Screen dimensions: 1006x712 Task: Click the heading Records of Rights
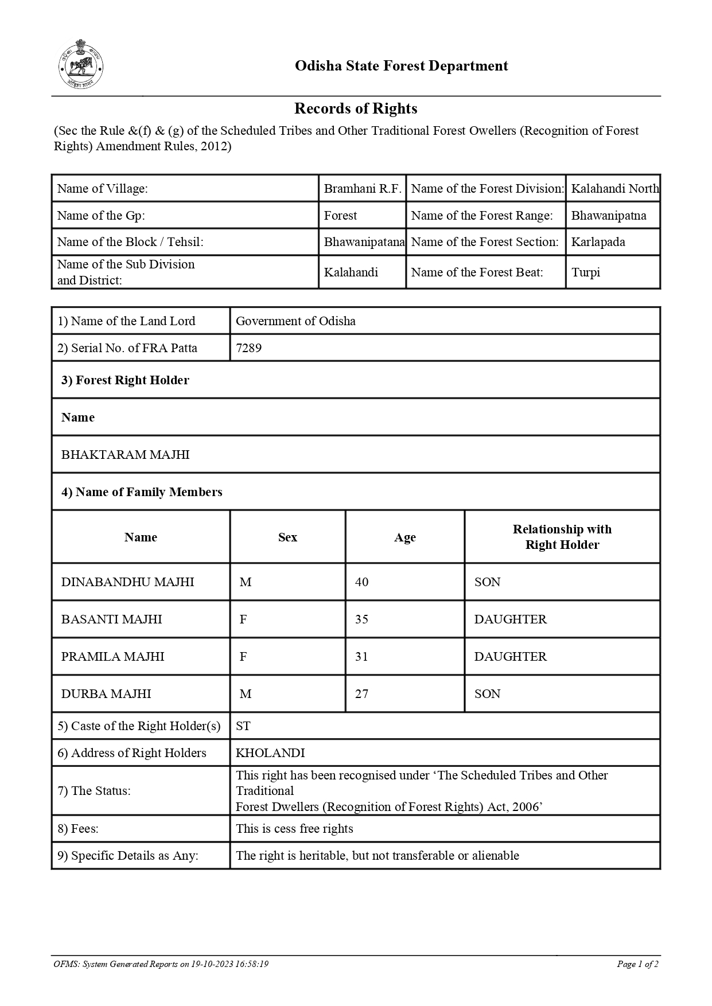pyautogui.click(x=356, y=108)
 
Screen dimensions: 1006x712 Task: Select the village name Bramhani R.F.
pyautogui.click(x=362, y=189)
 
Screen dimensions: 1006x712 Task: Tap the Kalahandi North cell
pyautogui.click(x=614, y=189)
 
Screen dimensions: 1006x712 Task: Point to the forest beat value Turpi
pyautogui.click(x=585, y=272)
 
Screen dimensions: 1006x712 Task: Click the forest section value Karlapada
pyautogui.click(x=598, y=242)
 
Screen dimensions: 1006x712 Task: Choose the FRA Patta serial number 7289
pyautogui.click(x=249, y=348)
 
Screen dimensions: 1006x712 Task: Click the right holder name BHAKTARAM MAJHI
pyautogui.click(x=125, y=455)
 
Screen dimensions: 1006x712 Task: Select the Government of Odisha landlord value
pyautogui.click(x=295, y=321)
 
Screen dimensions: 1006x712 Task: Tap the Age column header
pyautogui.click(x=404, y=537)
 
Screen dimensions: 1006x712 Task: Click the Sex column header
pyautogui.click(x=287, y=537)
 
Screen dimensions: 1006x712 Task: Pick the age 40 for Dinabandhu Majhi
pyautogui.click(x=361, y=582)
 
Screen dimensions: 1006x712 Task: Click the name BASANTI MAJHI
pyautogui.click(x=111, y=619)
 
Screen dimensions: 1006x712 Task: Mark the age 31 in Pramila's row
pyautogui.click(x=361, y=657)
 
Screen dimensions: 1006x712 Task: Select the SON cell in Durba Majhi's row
pyautogui.click(x=487, y=694)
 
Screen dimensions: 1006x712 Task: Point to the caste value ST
pyautogui.click(x=243, y=726)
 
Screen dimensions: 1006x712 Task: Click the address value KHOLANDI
pyautogui.click(x=270, y=753)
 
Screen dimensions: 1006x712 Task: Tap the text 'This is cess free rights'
pyautogui.click(x=294, y=829)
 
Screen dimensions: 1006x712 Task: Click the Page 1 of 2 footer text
pyautogui.click(x=637, y=964)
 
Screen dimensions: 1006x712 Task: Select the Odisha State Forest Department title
pyautogui.click(x=401, y=66)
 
